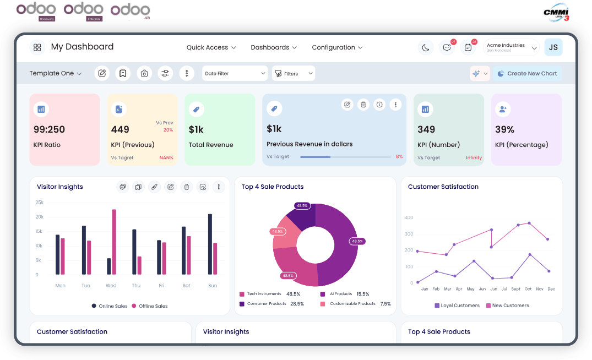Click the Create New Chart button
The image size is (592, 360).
tap(527, 73)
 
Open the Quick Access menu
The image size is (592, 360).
tap(211, 47)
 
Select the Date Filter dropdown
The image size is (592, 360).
tap(235, 73)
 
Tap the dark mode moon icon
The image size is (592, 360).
tap(426, 48)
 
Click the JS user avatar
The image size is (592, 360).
tap(553, 47)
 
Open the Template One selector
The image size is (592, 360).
tap(56, 73)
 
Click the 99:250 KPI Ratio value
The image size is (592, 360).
tap(49, 129)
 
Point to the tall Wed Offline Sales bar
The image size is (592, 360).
tap(114, 242)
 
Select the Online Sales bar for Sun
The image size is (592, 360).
tap(210, 244)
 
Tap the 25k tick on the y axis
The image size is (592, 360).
tap(40, 203)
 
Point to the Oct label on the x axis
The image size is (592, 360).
tap(528, 289)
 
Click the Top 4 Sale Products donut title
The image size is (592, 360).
tap(273, 187)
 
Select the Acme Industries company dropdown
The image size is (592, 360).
tap(510, 48)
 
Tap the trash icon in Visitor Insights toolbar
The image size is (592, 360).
tap(187, 187)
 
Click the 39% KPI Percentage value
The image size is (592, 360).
tap(504, 129)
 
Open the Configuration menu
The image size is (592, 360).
tap(337, 47)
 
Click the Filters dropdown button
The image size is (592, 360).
tap(294, 73)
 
